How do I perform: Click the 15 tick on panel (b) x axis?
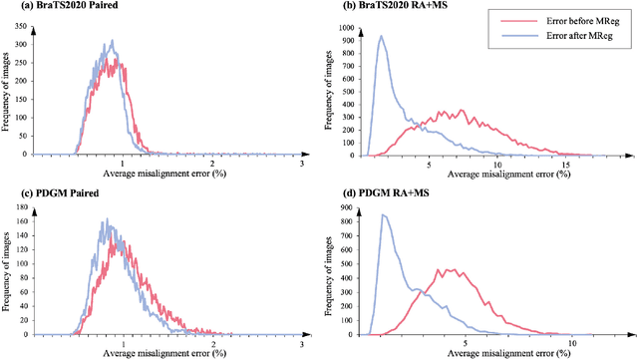(x=564, y=164)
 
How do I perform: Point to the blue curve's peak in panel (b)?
(x=381, y=37)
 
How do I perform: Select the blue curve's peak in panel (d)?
(x=385, y=214)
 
